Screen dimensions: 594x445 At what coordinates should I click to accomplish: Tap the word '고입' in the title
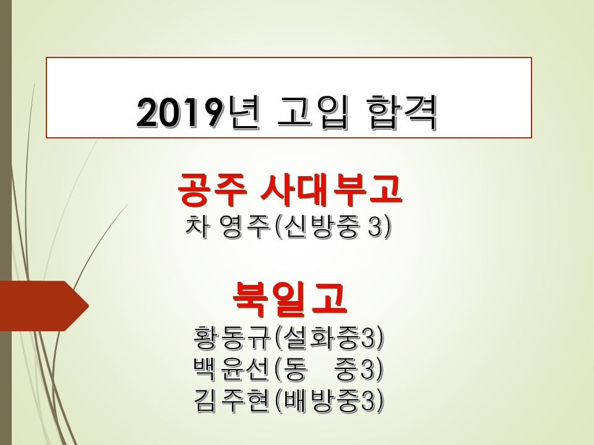pos(312,112)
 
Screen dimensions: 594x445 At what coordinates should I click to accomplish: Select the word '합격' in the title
pos(402,112)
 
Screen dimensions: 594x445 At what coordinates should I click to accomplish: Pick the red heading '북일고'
pos(290,300)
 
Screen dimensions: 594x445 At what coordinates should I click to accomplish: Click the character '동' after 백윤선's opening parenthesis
pos(295,369)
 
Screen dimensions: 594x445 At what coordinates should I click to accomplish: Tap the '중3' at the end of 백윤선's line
pos(354,369)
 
